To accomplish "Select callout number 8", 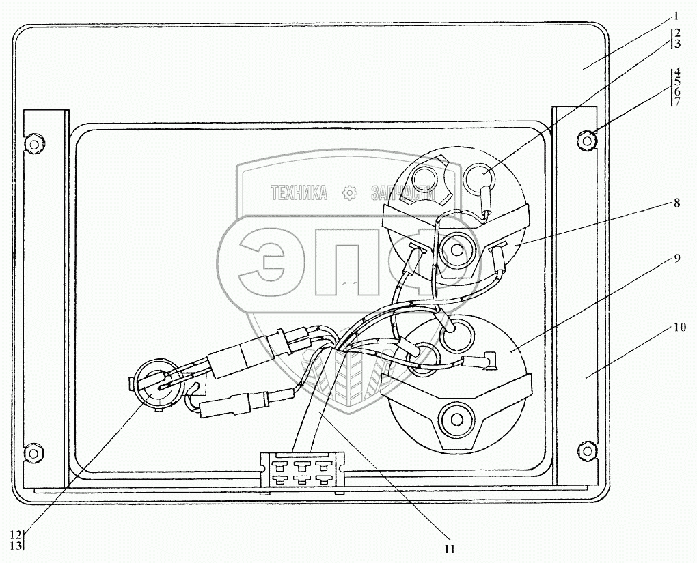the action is pos(676,203).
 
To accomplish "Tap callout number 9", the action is pos(676,259).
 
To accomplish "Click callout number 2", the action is pos(676,33).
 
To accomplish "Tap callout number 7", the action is pos(676,102).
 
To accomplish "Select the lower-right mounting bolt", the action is pos(585,450).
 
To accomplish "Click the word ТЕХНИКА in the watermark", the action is pos(299,193).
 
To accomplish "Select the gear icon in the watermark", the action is pos(350,193).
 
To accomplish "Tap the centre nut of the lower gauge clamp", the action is pos(453,418).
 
